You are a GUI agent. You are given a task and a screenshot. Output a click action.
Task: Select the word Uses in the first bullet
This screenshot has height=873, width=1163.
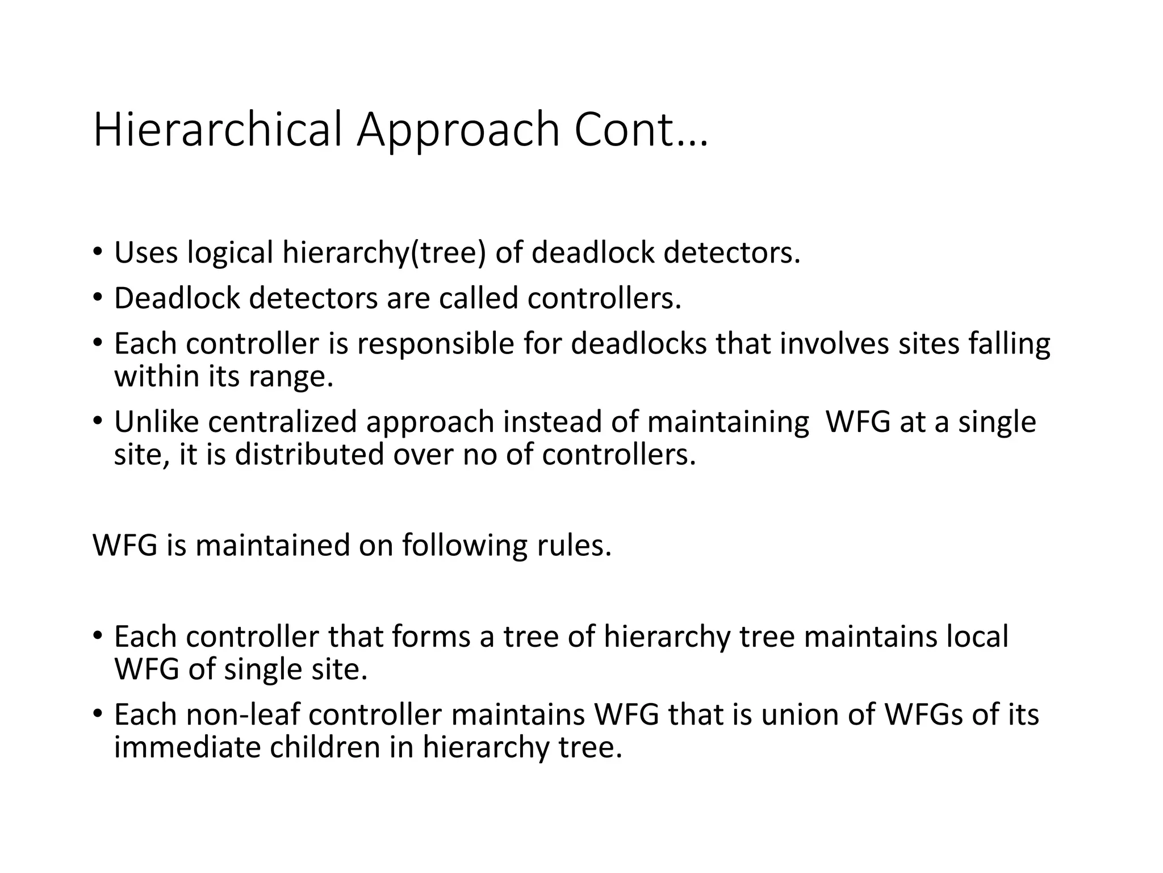146,252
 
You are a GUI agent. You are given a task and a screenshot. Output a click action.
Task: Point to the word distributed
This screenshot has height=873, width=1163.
309,454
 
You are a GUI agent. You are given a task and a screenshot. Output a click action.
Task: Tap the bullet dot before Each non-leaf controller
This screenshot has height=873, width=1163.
98,714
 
